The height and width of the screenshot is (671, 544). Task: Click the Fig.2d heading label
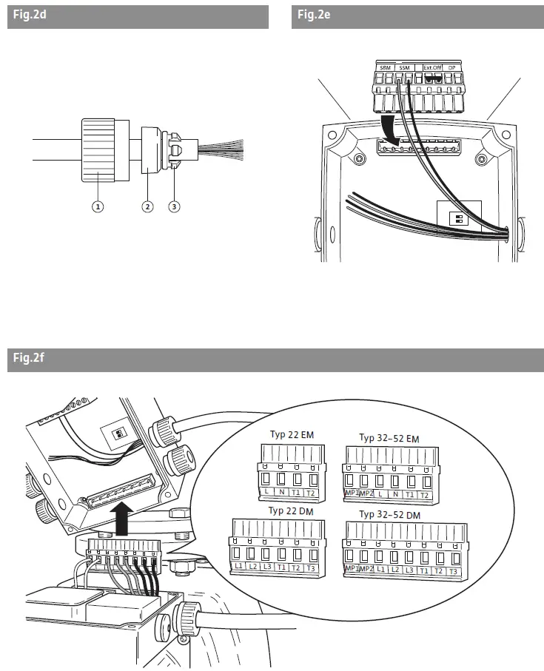click(29, 16)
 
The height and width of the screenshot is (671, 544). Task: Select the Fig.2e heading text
click(313, 16)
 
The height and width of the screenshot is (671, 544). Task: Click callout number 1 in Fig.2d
click(97, 206)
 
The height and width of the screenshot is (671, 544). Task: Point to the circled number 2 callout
click(148, 206)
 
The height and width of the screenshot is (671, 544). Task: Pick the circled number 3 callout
click(174, 206)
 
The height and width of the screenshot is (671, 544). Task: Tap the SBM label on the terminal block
click(385, 67)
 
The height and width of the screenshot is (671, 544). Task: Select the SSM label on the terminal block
click(404, 67)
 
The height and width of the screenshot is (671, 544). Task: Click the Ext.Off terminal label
click(433, 67)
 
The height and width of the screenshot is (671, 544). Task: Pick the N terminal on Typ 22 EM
click(282, 492)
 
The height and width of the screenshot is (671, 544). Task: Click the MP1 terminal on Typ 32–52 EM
click(351, 493)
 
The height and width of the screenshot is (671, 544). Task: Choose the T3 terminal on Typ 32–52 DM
click(453, 572)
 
